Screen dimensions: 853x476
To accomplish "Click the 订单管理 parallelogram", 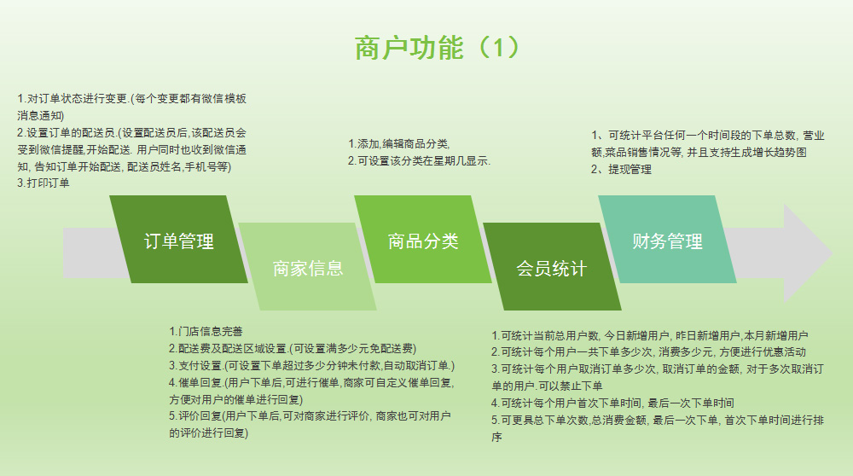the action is coord(178,240).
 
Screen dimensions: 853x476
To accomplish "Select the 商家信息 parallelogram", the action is coord(307,266).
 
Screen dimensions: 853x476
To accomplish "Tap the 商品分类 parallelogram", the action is coord(423,240).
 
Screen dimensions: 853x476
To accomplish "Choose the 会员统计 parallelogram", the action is coord(552,266).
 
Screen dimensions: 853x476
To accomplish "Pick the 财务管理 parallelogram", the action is coord(667,240).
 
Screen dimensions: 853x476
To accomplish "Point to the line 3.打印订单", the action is coord(43,183).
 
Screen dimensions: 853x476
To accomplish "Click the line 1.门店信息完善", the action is coord(206,331).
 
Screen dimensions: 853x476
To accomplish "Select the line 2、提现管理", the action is coord(621,169).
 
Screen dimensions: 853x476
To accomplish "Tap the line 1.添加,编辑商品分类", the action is coord(398,143).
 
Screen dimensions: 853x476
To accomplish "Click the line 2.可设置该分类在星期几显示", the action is coord(419,161).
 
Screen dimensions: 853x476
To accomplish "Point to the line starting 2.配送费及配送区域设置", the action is coord(293,348).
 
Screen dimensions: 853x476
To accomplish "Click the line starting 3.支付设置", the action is coord(311,366).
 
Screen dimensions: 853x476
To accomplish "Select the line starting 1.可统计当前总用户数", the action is coord(649,335).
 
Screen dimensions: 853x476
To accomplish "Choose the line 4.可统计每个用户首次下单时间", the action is coord(612,403).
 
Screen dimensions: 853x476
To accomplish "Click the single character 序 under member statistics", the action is coord(496,437).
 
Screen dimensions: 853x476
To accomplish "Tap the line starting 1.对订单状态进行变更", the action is coord(131,98).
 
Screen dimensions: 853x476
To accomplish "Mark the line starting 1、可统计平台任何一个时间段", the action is coord(708,136).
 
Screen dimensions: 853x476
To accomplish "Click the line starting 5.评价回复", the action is coord(310,416).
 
